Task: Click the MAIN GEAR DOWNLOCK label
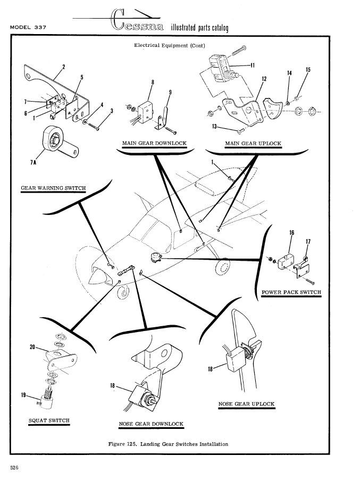[x=154, y=144]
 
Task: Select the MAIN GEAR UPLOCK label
[x=253, y=144]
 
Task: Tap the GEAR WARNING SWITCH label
[x=53, y=188]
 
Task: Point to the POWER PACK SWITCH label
[x=291, y=292]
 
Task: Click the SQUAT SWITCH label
[x=49, y=420]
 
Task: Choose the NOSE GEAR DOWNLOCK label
[x=152, y=424]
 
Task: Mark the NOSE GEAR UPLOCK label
[x=247, y=404]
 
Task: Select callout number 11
[x=253, y=65]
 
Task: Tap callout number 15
[x=308, y=70]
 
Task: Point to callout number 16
[x=292, y=233]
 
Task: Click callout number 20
[x=32, y=347]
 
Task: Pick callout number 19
[x=24, y=394]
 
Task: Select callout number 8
[x=153, y=82]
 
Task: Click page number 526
[x=14, y=468]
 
